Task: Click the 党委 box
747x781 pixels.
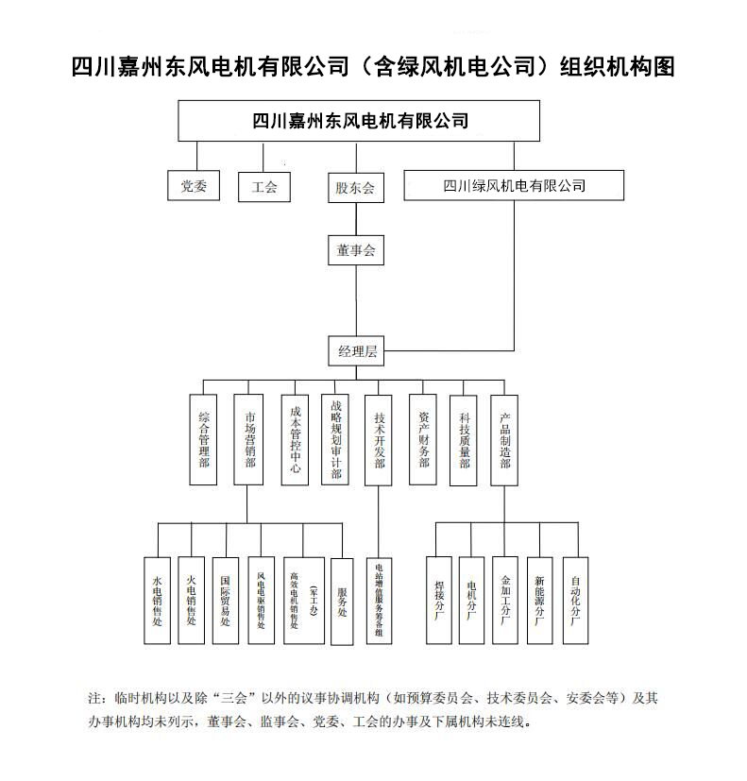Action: [194, 186]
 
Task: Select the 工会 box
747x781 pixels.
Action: [264, 187]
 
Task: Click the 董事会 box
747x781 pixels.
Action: [355, 250]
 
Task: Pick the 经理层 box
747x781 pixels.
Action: [357, 351]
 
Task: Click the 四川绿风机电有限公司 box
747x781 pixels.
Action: [514, 185]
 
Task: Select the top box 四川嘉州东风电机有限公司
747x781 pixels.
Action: [360, 121]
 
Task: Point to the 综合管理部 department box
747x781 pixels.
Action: [203, 440]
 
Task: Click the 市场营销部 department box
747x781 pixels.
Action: [247, 440]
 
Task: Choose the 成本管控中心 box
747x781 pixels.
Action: [296, 440]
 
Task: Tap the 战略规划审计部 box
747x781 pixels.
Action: [335, 440]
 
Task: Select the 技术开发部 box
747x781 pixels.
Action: [379, 440]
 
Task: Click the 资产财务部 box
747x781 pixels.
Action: [423, 440]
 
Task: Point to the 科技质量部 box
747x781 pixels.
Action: [464, 440]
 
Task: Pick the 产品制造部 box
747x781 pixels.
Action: [504, 440]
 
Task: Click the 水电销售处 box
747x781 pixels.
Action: [157, 601]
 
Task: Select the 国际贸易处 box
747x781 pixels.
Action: [225, 601]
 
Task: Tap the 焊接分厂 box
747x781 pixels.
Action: [438, 601]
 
